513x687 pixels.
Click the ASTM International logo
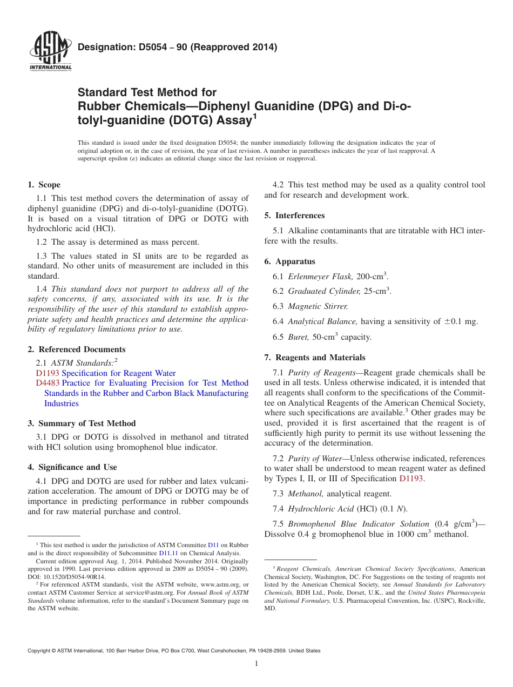[50, 52]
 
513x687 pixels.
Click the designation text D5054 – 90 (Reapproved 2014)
[177, 47]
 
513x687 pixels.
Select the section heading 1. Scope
[44, 185]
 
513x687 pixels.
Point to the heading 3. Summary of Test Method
[82, 423]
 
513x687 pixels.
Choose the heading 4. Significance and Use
[72, 467]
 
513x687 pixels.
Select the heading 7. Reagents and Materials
[315, 358]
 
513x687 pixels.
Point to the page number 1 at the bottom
[256, 664]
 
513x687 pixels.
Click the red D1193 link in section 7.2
[411, 479]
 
